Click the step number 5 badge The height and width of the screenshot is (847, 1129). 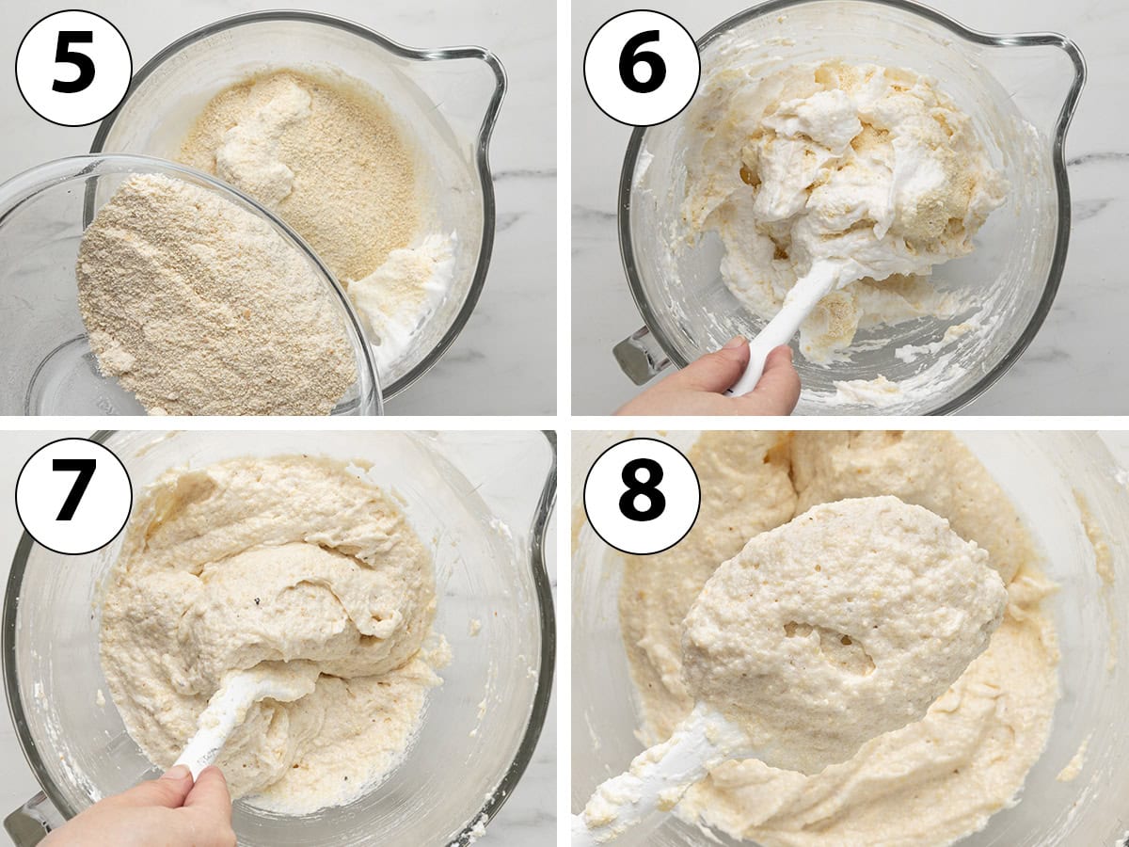point(74,68)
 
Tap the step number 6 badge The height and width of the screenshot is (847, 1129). point(642,68)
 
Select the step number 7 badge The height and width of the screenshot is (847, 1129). point(74,496)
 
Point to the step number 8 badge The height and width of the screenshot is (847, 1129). point(642,496)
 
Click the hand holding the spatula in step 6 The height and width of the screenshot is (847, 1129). point(715,380)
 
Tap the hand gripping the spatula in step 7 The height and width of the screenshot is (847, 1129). point(150,807)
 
